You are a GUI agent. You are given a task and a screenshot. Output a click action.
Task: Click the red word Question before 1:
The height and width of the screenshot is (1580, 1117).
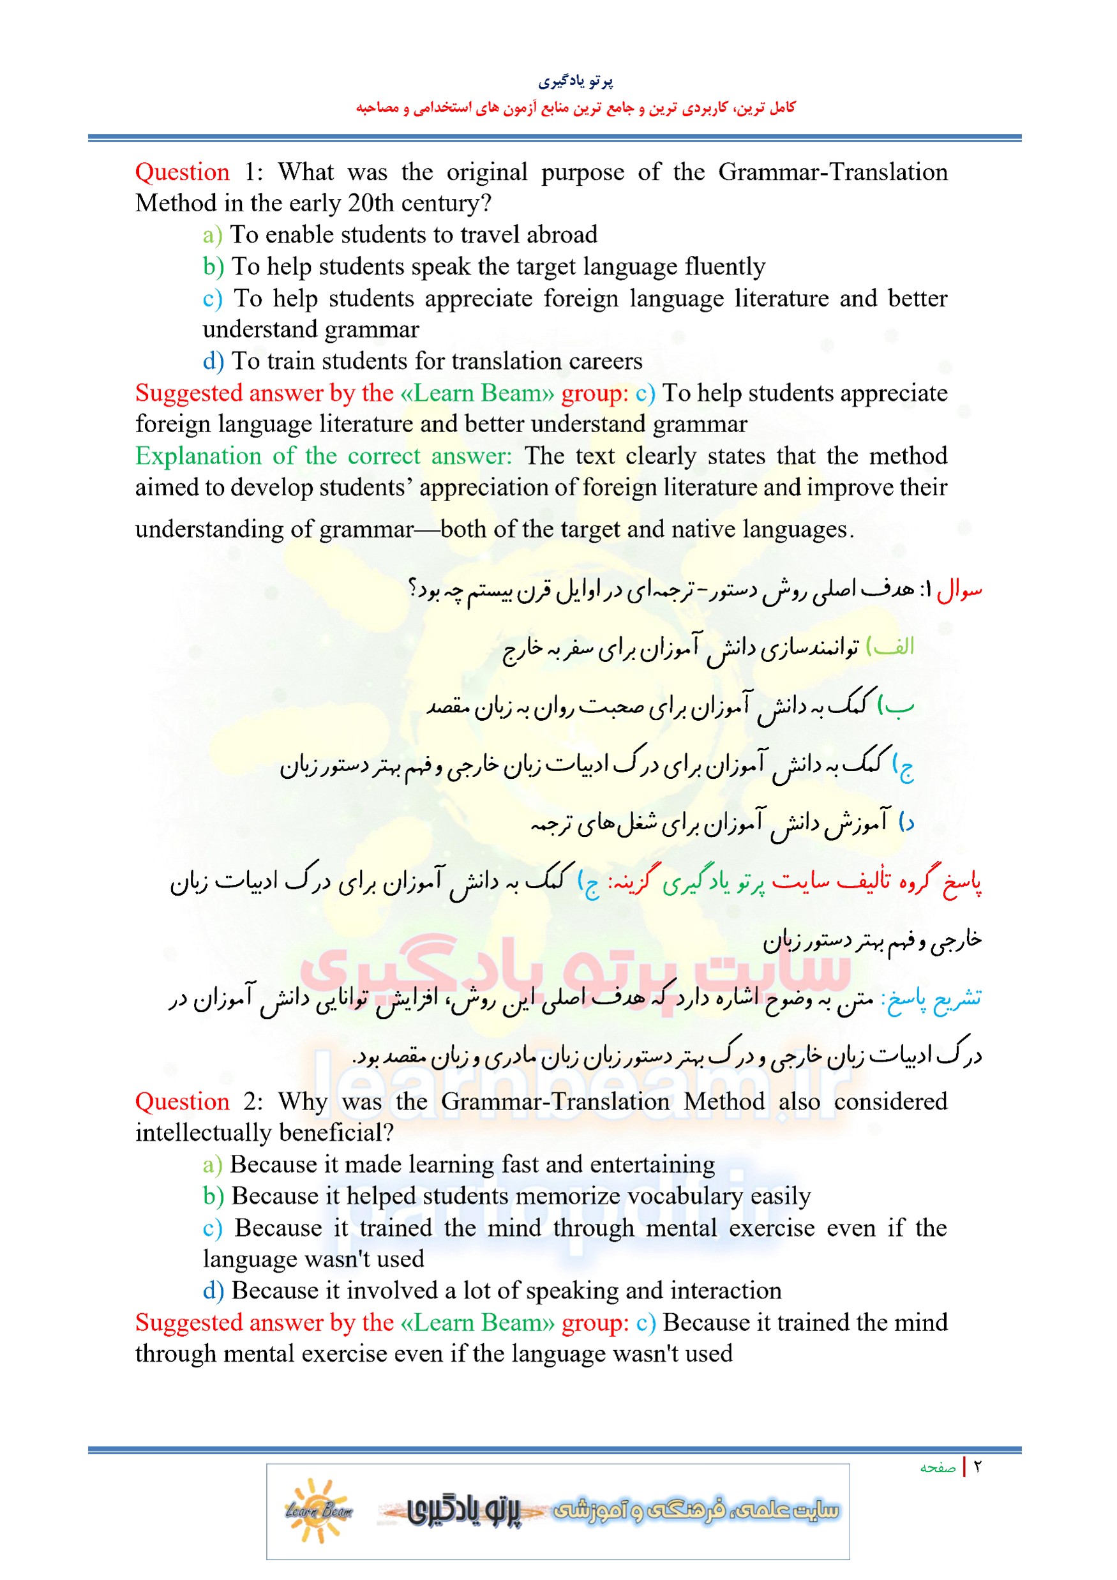[x=182, y=171]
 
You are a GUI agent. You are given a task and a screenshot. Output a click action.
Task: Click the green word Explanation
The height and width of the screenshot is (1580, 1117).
[x=197, y=456]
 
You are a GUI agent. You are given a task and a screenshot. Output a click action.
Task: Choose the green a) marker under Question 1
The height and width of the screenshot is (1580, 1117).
[x=212, y=236]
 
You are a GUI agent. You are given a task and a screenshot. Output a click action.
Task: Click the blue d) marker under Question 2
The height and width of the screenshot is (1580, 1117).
[x=213, y=1290]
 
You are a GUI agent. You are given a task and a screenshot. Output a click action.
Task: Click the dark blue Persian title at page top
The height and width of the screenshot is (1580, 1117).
[x=575, y=82]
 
